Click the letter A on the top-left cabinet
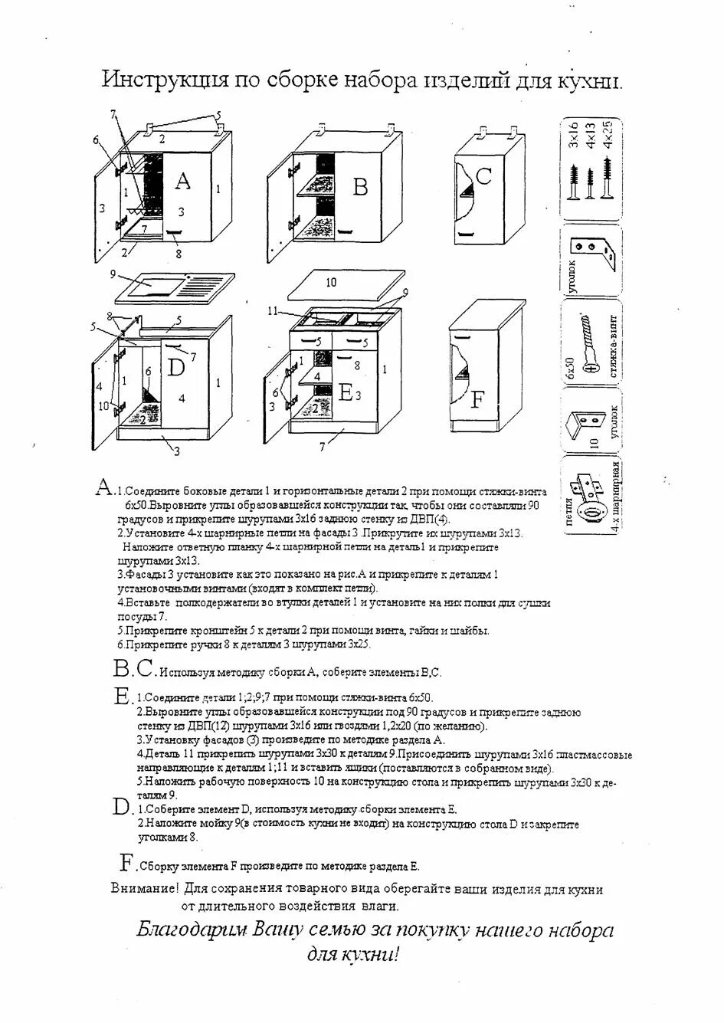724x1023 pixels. (x=182, y=181)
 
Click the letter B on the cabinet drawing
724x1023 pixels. (x=360, y=187)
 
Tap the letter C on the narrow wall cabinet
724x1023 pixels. (x=483, y=177)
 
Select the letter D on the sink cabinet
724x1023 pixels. (x=176, y=368)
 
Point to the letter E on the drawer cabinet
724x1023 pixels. (x=346, y=394)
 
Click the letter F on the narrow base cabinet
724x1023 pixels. (x=477, y=399)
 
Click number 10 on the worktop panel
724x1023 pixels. (x=331, y=282)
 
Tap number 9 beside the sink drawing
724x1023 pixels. (x=112, y=274)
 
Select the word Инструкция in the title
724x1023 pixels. (x=164, y=80)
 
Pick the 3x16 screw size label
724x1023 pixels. (x=572, y=133)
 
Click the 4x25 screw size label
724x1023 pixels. (x=609, y=133)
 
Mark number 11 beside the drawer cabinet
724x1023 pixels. (x=274, y=310)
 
